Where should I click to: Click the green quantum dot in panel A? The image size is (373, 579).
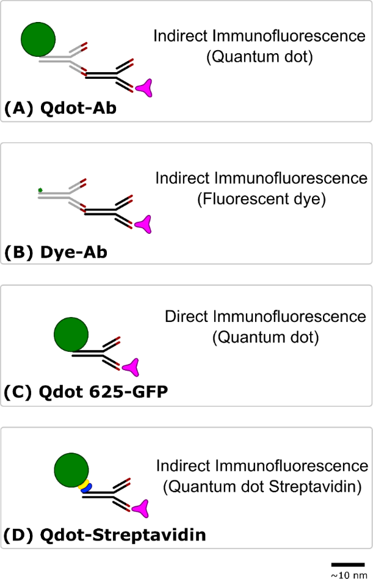click(38, 40)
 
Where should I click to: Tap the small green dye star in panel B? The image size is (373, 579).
click(40, 190)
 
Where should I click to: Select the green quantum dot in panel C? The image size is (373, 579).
click(71, 335)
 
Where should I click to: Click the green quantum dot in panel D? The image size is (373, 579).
click(71, 470)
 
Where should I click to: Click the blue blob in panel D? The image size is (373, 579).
click(87, 488)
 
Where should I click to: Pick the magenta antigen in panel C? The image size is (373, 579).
click(131, 368)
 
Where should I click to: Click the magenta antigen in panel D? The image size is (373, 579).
click(140, 509)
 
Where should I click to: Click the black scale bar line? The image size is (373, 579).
click(348, 564)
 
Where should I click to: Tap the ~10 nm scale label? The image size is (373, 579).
click(349, 575)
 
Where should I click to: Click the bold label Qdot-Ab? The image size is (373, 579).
click(78, 108)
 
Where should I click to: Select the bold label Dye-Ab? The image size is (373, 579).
click(74, 252)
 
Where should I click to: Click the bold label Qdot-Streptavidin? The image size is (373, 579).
click(123, 535)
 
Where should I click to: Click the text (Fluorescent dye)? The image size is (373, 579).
click(261, 199)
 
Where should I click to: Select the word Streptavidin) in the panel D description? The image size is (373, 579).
click(316, 487)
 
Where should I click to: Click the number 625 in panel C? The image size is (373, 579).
click(107, 391)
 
